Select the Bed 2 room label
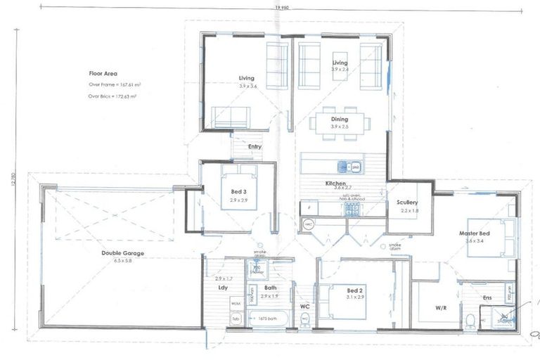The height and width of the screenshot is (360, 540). click(354, 290)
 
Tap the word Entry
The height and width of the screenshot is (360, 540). click(254, 146)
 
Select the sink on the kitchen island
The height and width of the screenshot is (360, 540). click(342, 167)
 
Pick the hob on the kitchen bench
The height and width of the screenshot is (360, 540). click(309, 208)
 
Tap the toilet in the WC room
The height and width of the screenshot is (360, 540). click(304, 319)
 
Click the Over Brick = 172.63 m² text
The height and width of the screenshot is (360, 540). click(112, 96)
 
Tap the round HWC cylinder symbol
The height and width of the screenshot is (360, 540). click(307, 224)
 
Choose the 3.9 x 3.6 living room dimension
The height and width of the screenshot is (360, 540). click(247, 85)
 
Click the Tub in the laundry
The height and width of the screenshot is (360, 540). click(234, 319)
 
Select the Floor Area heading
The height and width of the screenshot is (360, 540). click(103, 73)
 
